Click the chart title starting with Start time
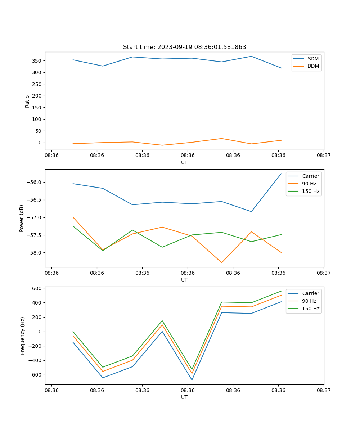coord(184,47)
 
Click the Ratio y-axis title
coord(27,101)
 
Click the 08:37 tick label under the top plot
coord(324,156)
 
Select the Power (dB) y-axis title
coord(22,218)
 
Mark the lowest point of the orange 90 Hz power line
coord(221,262)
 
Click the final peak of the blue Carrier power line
coord(281,174)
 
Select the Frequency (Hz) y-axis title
coord(22,336)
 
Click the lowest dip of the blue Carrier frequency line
coord(192,380)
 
